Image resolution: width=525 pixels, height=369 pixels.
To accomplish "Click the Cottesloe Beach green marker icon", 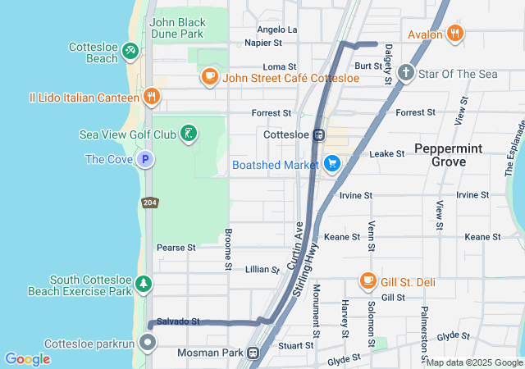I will click(130, 52).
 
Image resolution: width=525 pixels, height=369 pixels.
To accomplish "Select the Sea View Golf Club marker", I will click(189, 134).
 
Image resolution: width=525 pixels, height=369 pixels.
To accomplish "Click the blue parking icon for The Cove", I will click(145, 159).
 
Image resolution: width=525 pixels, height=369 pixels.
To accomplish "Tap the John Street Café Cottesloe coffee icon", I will click(209, 77).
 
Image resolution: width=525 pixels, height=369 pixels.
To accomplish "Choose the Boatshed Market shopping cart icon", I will click(332, 164).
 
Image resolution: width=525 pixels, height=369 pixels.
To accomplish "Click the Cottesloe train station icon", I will click(319, 134).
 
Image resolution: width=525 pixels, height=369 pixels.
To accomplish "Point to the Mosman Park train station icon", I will click(254, 353).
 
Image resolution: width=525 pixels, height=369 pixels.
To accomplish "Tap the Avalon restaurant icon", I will click(455, 34).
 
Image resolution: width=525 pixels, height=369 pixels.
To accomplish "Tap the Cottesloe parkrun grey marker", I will click(148, 342).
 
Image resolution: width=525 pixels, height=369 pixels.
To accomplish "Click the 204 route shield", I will click(150, 202).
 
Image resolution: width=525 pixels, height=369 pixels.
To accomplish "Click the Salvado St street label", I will click(178, 321).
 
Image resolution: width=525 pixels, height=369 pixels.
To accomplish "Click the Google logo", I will click(27, 358).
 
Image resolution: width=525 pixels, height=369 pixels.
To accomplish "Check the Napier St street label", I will click(263, 42).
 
